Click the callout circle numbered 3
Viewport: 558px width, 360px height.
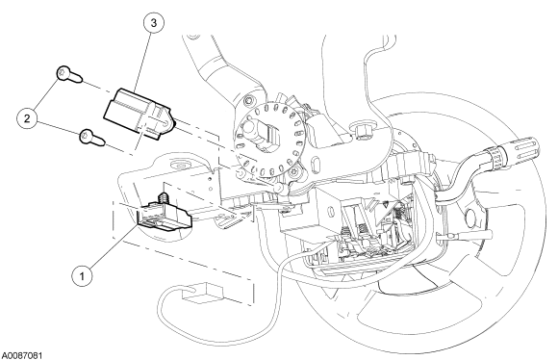154,23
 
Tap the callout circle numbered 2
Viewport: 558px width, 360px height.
27,118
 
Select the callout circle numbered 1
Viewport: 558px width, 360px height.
82,275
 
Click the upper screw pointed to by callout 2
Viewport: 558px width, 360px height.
69,74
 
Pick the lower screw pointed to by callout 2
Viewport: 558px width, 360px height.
92,138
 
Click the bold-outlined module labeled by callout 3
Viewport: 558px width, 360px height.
139,111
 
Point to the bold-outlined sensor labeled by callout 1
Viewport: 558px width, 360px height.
164,215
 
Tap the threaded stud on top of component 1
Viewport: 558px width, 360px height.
164,197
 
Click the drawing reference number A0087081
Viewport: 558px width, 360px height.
22,355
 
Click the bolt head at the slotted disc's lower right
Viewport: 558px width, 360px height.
292,173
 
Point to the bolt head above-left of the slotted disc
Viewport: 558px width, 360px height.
248,100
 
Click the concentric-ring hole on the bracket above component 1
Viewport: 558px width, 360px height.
183,166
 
